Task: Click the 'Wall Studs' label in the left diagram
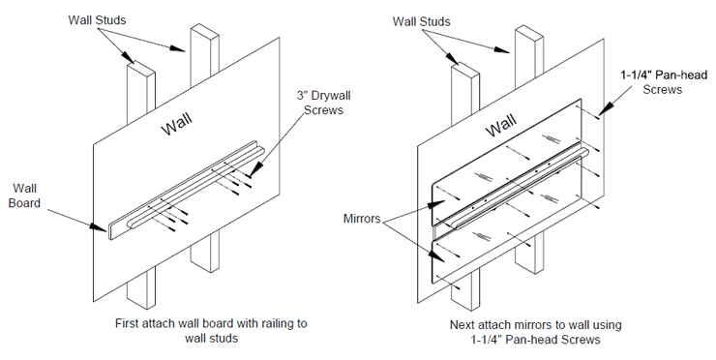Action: (97, 20)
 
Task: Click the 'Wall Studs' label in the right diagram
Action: (422, 21)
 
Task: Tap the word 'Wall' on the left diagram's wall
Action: (177, 124)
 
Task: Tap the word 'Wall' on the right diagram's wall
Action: (501, 125)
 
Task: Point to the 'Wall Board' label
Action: (24, 195)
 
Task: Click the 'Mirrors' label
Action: (362, 219)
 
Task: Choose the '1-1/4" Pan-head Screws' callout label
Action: (663, 82)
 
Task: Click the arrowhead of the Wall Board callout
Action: (98, 226)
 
